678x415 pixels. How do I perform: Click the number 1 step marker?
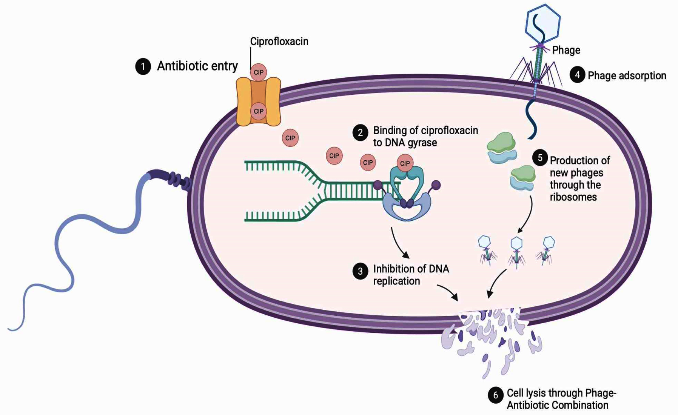(143, 67)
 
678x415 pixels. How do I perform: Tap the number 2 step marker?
(360, 133)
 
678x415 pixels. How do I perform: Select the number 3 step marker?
(360, 271)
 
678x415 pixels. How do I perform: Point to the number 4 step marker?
(577, 75)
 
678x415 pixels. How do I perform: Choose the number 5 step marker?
(540, 158)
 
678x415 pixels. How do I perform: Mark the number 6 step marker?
(496, 395)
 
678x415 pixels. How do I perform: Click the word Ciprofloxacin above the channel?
(279, 41)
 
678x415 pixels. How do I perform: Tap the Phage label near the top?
(566, 50)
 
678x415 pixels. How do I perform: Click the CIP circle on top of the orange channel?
(259, 72)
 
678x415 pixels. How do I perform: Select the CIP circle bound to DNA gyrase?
(405, 163)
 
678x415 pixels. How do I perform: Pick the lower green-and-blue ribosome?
(523, 178)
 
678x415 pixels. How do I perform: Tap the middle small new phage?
(516, 251)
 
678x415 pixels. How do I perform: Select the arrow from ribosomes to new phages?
(528, 215)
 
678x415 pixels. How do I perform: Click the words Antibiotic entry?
(197, 66)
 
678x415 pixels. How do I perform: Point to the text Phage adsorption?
(627, 75)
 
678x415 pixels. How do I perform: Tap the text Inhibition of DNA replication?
(411, 275)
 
